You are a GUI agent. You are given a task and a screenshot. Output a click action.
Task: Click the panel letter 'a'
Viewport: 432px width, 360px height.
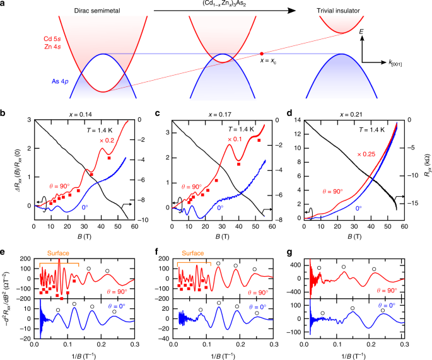point(4,5)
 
